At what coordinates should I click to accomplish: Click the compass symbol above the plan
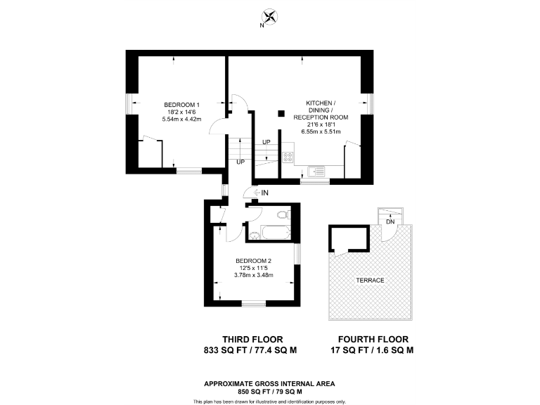(269, 18)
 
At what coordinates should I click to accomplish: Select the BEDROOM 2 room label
(253, 260)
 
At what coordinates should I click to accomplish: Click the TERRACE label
(370, 280)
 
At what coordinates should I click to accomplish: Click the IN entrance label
(265, 192)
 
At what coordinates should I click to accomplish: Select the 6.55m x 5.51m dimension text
(321, 131)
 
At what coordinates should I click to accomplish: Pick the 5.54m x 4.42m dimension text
(182, 119)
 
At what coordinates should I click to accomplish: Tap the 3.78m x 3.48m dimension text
(253, 274)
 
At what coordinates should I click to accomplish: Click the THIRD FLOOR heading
(249, 337)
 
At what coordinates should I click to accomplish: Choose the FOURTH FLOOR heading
(372, 337)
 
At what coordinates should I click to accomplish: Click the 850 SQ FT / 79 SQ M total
(269, 391)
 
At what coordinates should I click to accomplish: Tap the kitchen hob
(287, 158)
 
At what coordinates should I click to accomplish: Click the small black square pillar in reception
(281, 112)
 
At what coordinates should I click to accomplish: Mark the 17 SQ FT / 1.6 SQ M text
(372, 349)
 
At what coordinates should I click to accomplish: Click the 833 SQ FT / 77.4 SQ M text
(249, 349)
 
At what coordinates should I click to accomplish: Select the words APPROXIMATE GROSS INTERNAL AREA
(269, 383)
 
